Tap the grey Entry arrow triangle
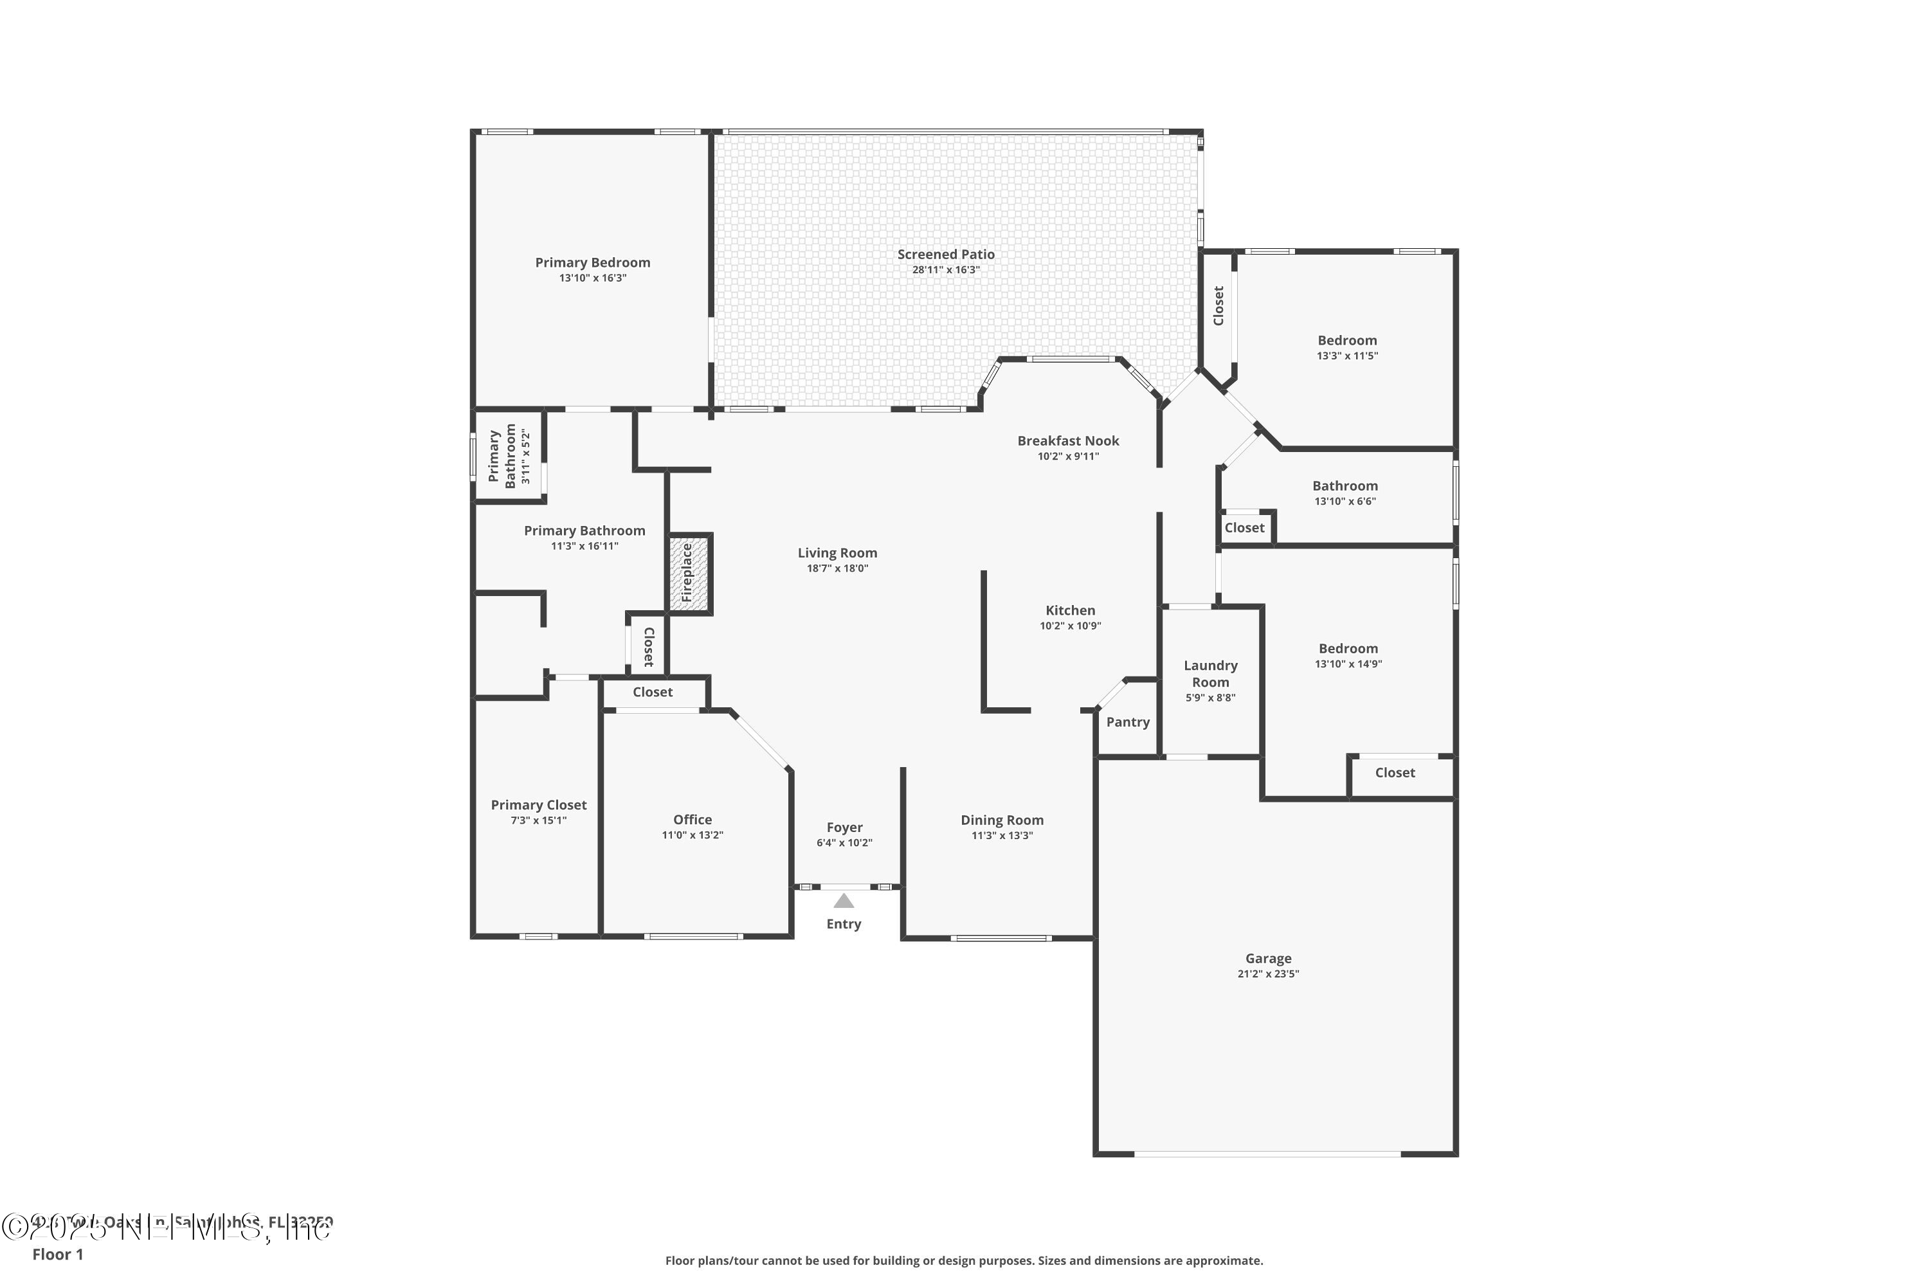844,901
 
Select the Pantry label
1128,721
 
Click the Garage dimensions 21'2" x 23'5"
1268,974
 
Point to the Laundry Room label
1211,673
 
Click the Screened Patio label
946,254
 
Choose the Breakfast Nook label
1068,440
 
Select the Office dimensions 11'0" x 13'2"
693,835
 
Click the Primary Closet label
539,804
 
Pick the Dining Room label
1002,820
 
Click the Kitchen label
1071,610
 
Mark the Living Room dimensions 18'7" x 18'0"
837,568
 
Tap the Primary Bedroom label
592,262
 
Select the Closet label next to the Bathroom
1244,527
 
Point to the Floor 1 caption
57,1254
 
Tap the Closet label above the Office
652,693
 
